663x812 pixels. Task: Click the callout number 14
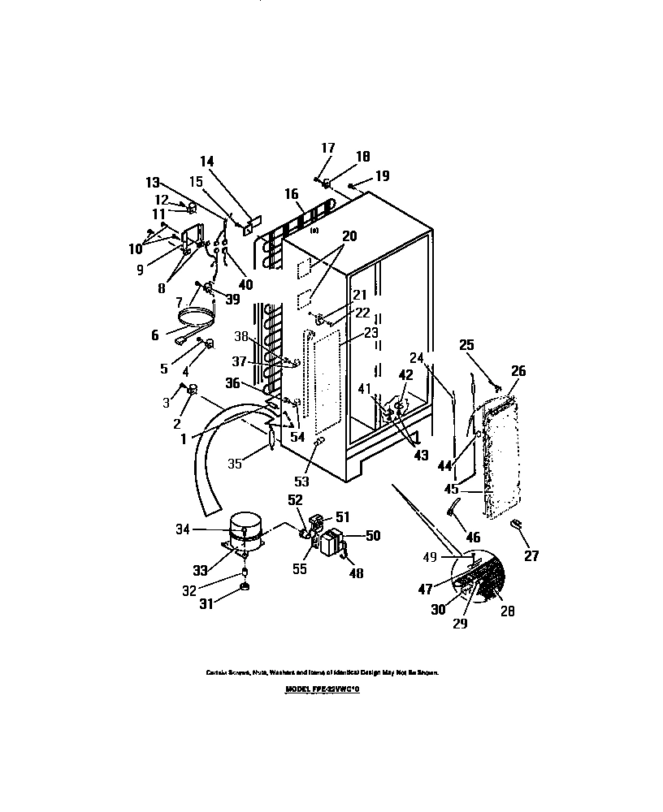[206, 161]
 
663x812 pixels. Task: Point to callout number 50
[373, 536]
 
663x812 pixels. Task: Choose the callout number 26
[518, 371]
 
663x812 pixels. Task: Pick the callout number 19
[382, 175]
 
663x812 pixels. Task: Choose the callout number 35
[235, 464]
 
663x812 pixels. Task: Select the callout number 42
[405, 374]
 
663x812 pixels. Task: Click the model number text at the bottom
[322, 688]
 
